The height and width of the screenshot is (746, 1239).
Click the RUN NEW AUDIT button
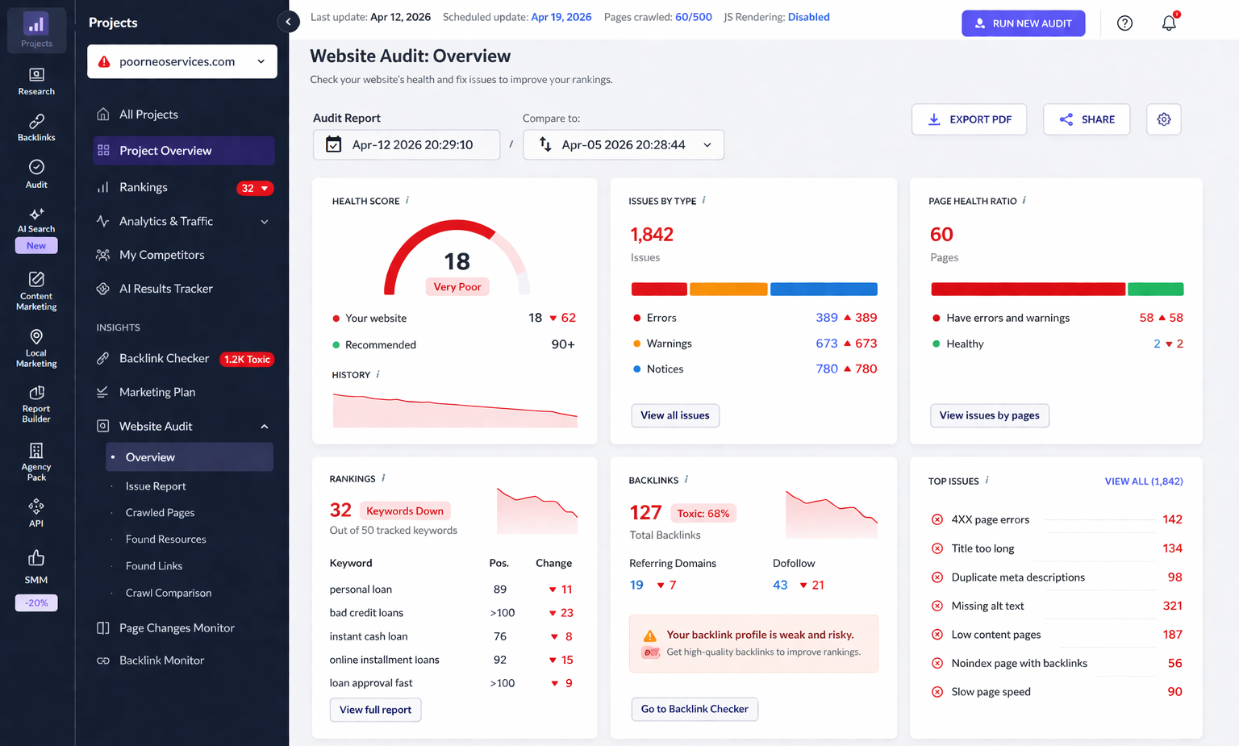pos(1023,23)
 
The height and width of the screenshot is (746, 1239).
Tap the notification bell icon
pos(1169,23)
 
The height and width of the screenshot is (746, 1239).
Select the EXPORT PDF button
pos(969,119)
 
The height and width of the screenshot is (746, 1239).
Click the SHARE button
pos(1087,119)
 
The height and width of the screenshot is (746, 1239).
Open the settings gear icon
pos(1163,119)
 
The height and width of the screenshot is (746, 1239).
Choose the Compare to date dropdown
pos(624,145)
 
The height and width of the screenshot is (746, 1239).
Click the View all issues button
pos(674,415)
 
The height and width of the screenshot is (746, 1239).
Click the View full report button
pos(375,710)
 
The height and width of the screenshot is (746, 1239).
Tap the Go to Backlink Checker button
pos(694,709)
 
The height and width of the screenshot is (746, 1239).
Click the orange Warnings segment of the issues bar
pos(728,290)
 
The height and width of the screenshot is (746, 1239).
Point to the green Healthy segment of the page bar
pos(1155,290)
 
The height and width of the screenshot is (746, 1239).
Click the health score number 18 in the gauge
pos(457,261)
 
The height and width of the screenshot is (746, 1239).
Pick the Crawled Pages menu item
pos(160,513)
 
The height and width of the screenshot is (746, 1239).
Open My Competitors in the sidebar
pos(161,255)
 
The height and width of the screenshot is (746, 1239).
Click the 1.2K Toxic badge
pos(247,360)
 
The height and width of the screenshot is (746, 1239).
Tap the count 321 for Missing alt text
pos(1172,606)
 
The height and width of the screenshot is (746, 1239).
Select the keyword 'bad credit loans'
pos(366,613)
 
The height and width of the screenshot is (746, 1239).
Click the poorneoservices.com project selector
pos(182,61)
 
